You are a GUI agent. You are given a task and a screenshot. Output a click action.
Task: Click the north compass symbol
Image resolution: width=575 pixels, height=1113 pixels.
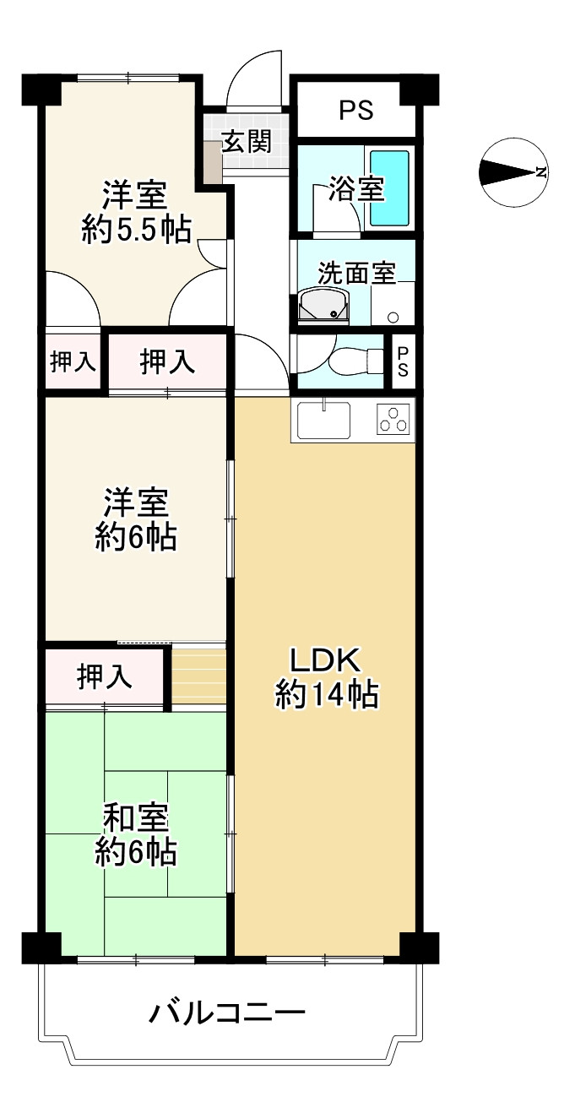[513, 172]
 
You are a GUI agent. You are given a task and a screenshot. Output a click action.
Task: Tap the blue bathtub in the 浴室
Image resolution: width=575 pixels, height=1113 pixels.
[389, 187]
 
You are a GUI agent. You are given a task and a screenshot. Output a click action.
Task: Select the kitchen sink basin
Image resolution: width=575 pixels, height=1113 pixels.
[323, 419]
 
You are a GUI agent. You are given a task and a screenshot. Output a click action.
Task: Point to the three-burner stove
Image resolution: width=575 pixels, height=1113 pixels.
[393, 420]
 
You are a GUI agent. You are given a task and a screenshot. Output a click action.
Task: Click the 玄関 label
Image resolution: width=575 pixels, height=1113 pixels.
[246, 141]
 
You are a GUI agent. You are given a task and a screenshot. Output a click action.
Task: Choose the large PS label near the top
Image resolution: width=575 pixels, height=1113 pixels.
[355, 111]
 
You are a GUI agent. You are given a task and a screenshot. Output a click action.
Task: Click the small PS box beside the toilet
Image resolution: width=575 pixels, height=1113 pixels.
[403, 362]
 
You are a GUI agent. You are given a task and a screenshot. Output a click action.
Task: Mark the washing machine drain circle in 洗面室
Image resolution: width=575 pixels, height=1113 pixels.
[393, 318]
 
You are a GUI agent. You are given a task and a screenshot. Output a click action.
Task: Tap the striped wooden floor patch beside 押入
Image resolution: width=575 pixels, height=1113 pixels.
[199, 676]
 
